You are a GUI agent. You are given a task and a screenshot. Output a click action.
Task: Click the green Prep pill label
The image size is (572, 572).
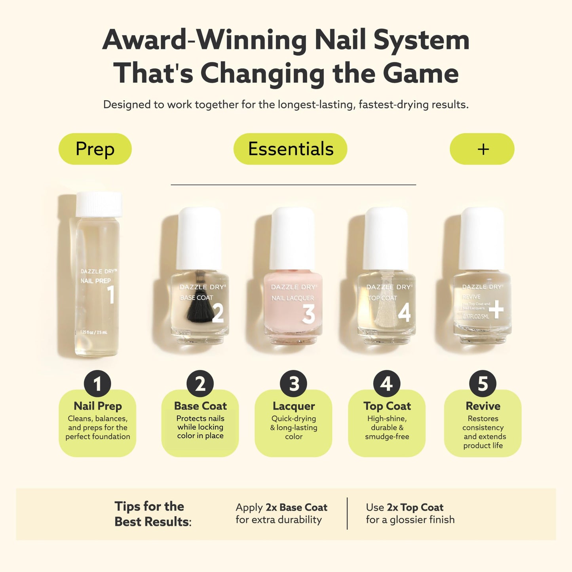point(95,149)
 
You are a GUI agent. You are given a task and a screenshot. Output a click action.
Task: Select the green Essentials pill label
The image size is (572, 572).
point(290,149)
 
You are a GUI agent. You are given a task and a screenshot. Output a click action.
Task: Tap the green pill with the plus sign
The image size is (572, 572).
point(482,149)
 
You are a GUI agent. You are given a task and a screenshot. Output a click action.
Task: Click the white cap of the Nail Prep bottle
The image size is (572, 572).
point(99,204)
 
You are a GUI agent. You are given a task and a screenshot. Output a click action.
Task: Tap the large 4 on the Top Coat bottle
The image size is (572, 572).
point(404,313)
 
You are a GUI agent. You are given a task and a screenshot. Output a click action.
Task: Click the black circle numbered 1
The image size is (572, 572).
point(97,384)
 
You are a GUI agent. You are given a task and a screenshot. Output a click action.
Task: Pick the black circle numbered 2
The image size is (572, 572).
point(200,384)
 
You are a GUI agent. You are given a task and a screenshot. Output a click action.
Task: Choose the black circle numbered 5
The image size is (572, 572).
point(483,384)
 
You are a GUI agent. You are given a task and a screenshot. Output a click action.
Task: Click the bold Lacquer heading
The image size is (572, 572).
point(294,406)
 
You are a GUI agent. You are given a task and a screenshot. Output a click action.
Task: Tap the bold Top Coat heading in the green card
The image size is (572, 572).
point(387,406)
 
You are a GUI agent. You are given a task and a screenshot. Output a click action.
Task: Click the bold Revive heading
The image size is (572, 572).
point(483,406)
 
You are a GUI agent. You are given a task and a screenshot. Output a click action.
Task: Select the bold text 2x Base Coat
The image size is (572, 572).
point(296,507)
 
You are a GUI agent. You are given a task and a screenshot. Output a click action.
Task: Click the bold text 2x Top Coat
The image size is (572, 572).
point(415,507)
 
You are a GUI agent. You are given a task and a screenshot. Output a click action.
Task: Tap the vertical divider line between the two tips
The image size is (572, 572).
point(347,513)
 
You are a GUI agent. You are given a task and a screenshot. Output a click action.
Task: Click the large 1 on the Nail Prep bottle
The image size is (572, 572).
point(111,295)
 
